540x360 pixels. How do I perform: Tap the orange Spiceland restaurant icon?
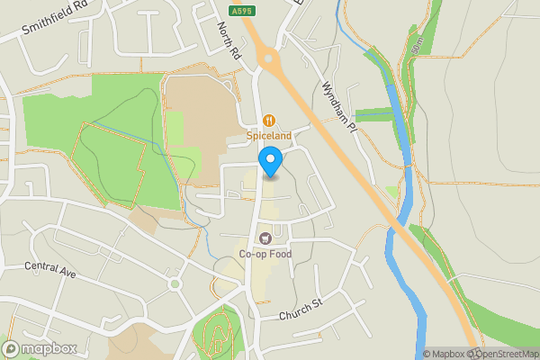pos(269,121)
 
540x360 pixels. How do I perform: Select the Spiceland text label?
pos(269,136)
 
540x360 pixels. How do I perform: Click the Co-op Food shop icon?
pos(265,238)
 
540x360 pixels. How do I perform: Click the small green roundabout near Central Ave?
pos(175,284)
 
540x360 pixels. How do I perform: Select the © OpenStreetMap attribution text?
pos(498,354)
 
